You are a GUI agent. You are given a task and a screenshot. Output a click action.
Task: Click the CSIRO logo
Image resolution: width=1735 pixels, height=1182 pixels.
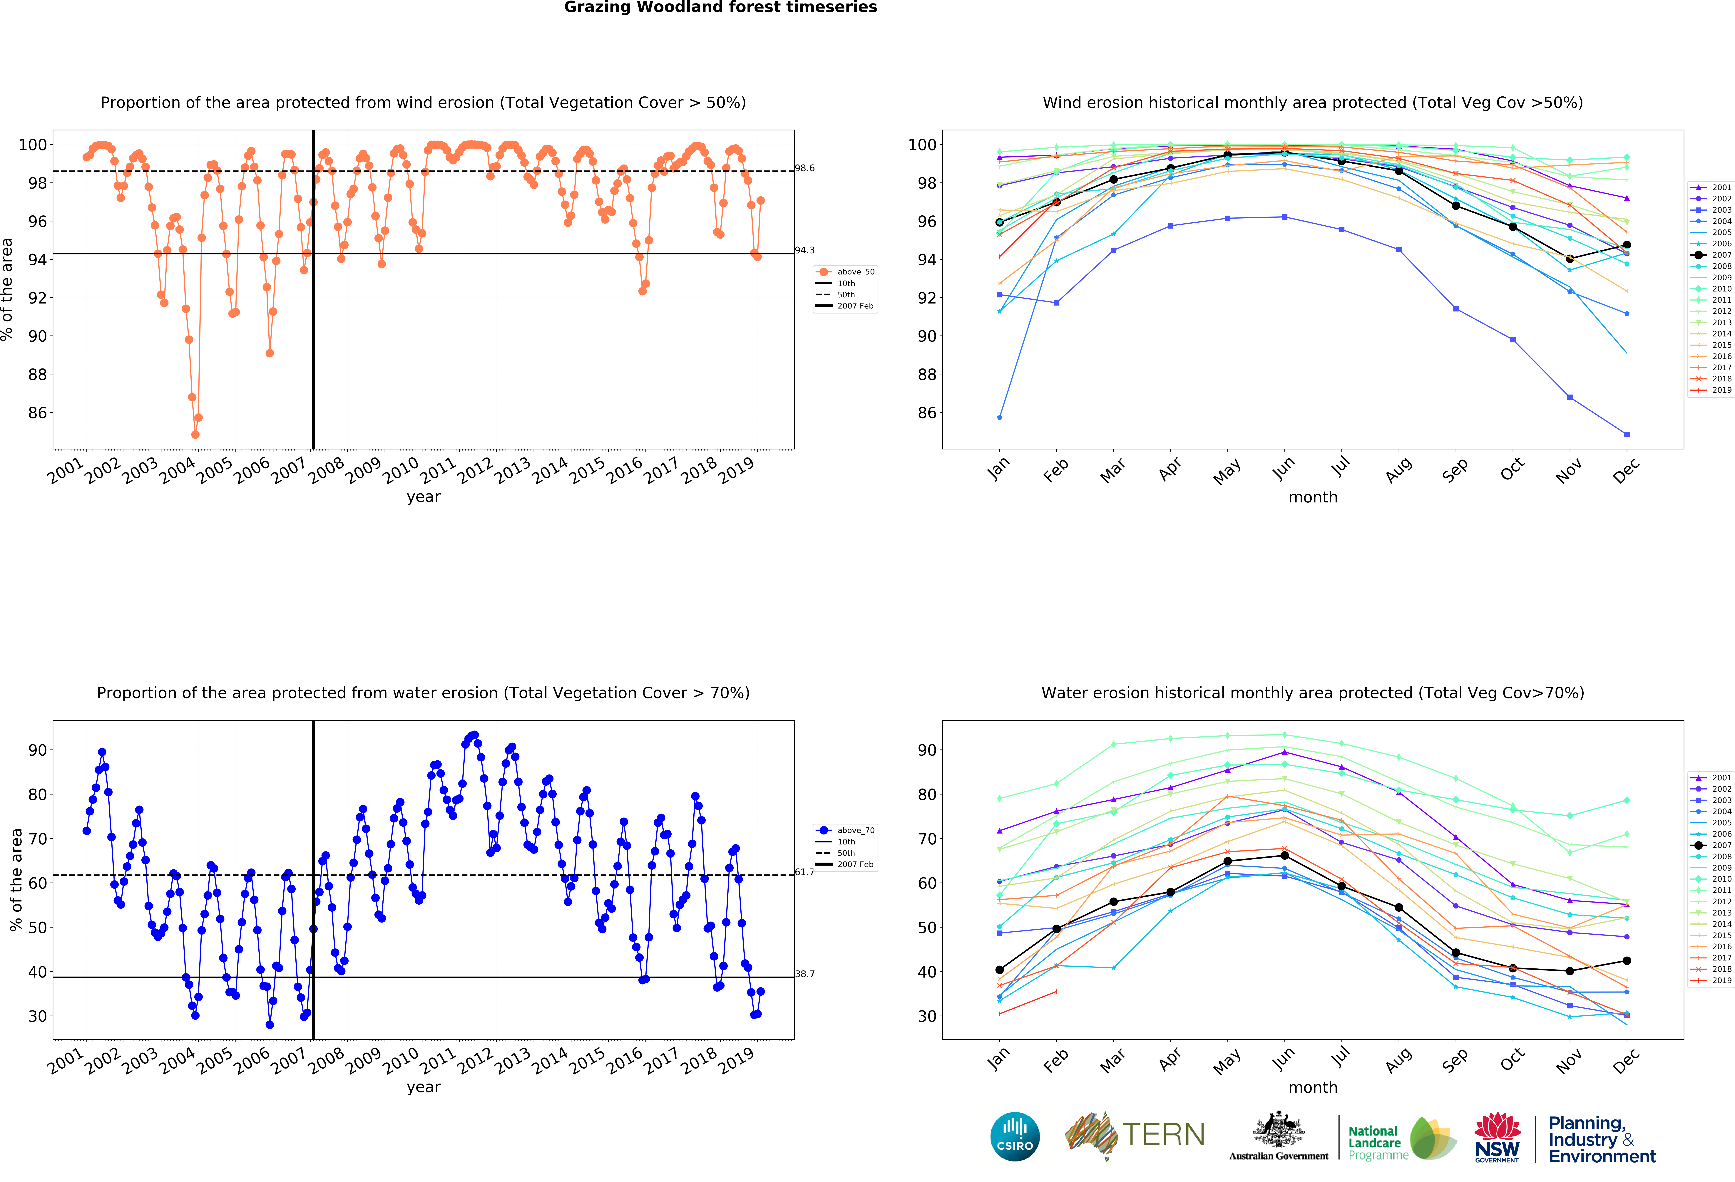(x=1015, y=1136)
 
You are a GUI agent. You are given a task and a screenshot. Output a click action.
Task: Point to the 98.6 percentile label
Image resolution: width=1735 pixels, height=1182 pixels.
(x=804, y=168)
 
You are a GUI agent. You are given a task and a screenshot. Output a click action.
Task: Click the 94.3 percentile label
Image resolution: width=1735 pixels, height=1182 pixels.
(x=804, y=250)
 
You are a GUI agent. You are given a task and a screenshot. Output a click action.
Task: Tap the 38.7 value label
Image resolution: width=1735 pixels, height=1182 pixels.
(x=804, y=974)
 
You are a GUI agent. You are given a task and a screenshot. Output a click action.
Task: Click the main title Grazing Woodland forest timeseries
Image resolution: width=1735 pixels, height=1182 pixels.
(x=720, y=7)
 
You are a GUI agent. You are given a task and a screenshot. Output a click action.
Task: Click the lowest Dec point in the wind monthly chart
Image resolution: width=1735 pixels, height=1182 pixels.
(x=1627, y=434)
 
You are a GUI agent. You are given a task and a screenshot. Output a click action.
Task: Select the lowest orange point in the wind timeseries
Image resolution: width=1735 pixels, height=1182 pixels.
(x=195, y=434)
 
